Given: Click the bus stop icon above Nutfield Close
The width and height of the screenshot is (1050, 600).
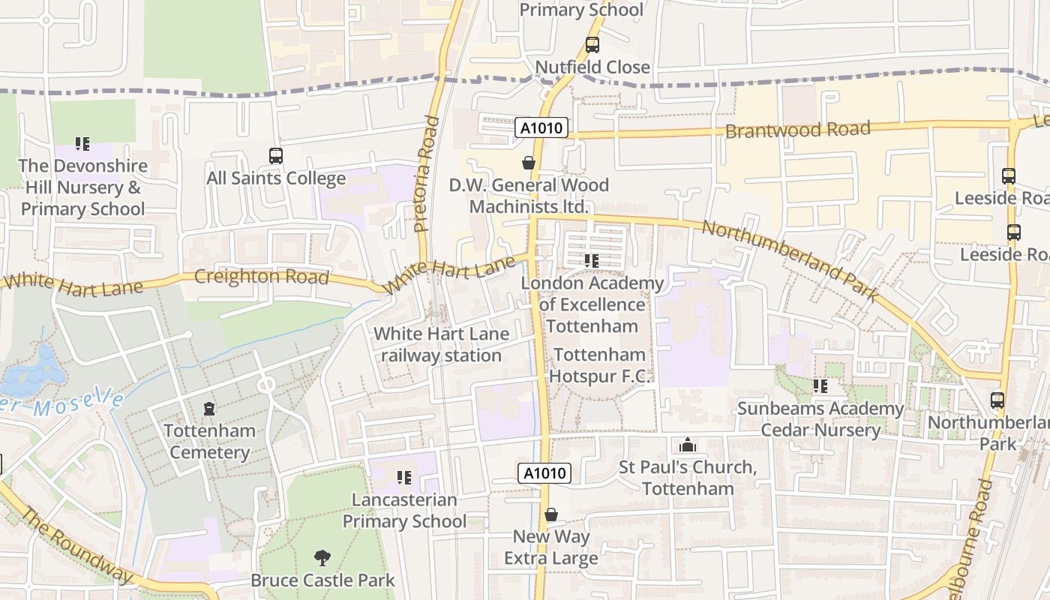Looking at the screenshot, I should click(x=592, y=45).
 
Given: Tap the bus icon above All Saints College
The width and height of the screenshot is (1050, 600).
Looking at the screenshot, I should click(x=276, y=156).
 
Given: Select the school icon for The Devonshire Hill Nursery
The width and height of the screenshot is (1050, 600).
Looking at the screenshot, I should click(x=82, y=143).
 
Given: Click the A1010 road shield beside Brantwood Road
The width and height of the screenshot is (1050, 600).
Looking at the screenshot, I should click(x=542, y=127).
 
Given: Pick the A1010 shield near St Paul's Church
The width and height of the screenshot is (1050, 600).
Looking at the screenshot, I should click(x=544, y=472).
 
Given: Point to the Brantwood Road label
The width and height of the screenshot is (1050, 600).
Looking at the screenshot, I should click(x=797, y=130).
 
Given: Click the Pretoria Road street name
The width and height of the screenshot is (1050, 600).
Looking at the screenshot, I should click(x=425, y=173).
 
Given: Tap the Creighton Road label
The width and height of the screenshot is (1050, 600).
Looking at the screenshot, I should click(x=261, y=277).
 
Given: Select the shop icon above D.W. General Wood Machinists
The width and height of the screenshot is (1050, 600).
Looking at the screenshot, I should click(x=529, y=163).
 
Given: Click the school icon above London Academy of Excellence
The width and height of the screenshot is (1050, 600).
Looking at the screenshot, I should click(x=592, y=261).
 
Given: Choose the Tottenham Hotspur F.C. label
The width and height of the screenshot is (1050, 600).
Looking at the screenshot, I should click(x=600, y=365).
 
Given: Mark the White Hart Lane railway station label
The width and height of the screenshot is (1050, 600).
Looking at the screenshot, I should click(x=441, y=344).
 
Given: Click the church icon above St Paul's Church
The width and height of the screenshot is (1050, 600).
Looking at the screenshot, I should click(x=688, y=445).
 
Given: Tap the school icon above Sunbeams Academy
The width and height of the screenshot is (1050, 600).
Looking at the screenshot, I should click(x=820, y=386).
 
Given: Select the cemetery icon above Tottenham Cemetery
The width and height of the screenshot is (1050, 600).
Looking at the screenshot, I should click(x=209, y=409).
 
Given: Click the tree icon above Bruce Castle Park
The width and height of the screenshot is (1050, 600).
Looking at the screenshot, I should click(x=322, y=558).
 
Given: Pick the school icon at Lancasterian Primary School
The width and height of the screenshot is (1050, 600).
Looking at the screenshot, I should click(x=404, y=477).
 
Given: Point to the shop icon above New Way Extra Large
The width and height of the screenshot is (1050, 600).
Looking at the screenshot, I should click(x=551, y=514).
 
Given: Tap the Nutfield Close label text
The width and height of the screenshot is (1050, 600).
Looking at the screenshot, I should click(x=592, y=67).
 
